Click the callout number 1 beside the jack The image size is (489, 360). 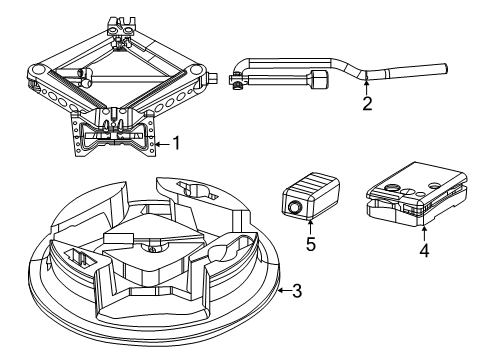click(x=176, y=143)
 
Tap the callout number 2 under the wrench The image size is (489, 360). click(x=368, y=103)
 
